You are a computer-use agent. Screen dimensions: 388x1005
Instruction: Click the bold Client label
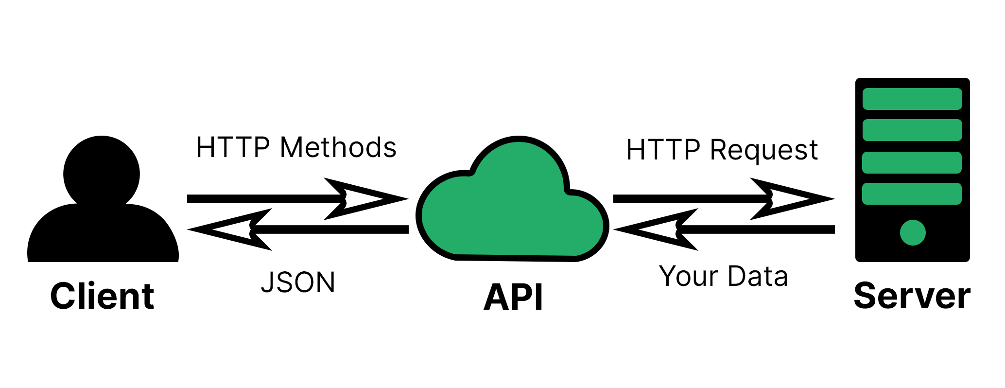tap(102, 296)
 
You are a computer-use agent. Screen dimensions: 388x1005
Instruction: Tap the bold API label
tap(513, 297)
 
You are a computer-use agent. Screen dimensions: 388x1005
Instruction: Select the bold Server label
tap(912, 296)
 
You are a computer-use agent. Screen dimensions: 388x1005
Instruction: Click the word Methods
tap(338, 147)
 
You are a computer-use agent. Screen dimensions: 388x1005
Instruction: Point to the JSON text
tap(298, 282)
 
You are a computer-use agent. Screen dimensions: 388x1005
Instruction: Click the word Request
tap(764, 150)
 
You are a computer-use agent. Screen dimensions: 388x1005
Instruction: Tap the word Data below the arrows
tap(758, 276)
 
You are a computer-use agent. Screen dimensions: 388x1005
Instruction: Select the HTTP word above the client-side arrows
tap(233, 147)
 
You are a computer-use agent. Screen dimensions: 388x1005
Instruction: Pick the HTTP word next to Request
tap(663, 150)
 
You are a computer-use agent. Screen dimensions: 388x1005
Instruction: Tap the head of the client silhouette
tap(102, 173)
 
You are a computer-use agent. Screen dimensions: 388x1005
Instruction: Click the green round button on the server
tap(912, 232)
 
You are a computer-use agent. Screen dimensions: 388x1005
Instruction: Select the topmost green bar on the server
tap(912, 99)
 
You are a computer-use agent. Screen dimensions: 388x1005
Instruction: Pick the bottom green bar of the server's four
tap(912, 194)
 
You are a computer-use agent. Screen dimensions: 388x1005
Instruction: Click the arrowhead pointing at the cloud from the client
tap(369, 199)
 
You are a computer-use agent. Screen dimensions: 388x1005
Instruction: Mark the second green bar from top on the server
tap(912, 130)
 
